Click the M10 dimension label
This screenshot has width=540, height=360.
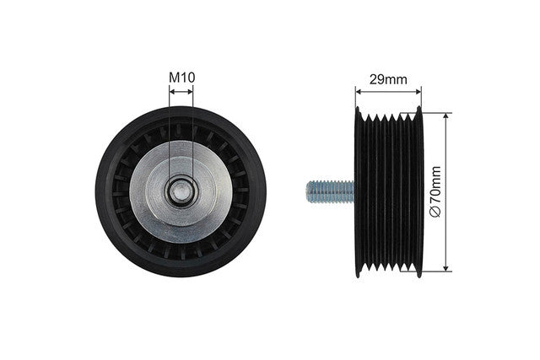coord(182,78)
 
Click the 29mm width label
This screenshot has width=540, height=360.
coord(388,79)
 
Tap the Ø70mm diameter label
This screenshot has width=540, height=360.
coord(435,191)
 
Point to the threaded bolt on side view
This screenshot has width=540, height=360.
coord(331,192)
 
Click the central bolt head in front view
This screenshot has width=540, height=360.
coord(181,192)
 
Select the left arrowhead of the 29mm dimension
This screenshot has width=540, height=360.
coord(359,92)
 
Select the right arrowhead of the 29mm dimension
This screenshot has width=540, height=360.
coord(418,92)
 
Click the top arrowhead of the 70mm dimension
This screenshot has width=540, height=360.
coord(446,116)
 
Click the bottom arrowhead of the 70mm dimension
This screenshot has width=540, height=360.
coord(446,268)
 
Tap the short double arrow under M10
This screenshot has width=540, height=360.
coord(181,92)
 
